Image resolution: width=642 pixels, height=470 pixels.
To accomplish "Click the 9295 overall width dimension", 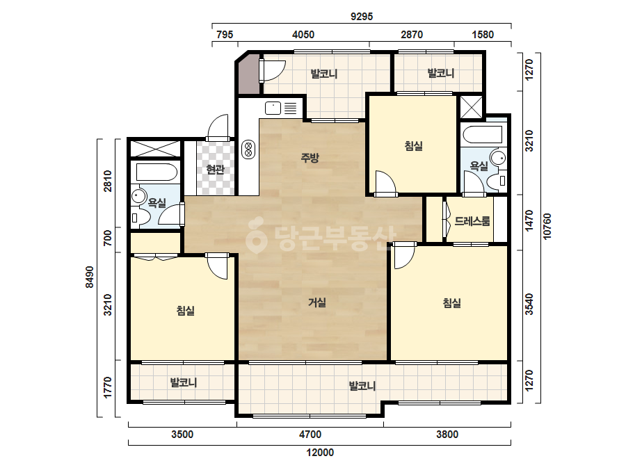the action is click(362, 17).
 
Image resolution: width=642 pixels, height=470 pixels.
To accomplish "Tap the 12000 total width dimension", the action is click(320, 453).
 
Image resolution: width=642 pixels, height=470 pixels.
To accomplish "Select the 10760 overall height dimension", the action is click(547, 226).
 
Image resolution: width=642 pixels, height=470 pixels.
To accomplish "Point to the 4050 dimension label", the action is click(303, 34).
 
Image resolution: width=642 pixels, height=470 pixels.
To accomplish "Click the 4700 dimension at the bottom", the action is click(310, 435).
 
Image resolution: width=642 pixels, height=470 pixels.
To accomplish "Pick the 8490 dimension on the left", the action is click(90, 277).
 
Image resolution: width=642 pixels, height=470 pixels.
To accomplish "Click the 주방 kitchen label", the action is click(310, 158).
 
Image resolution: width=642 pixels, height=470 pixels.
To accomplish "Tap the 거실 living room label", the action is click(317, 302).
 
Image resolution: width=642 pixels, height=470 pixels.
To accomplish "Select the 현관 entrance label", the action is click(216, 169).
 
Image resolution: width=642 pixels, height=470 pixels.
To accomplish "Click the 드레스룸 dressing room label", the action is click(472, 222).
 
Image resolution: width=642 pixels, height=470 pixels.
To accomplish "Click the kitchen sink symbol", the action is click(273, 108).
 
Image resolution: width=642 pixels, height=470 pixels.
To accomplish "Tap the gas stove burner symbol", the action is click(248, 149).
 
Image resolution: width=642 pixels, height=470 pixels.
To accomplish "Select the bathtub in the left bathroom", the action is click(156, 172).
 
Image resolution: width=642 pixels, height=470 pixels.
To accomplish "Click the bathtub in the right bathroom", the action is click(481, 135).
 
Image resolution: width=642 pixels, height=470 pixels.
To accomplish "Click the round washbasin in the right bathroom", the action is click(498, 157).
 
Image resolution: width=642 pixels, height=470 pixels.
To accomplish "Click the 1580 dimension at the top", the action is click(483, 34).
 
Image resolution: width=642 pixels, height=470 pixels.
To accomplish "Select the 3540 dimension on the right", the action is click(529, 305).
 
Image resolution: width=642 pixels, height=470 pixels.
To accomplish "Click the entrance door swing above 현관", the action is click(218, 127).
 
